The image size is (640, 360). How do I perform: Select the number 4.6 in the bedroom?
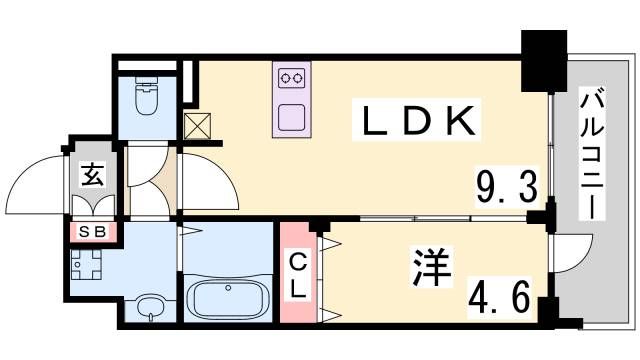(x=506, y=295)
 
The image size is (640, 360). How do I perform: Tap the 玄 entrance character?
(x=92, y=177)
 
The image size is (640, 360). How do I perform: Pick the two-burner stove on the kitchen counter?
(x=292, y=76)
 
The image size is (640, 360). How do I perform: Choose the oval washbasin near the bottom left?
(x=150, y=305)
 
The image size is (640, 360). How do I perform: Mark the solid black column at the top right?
(x=545, y=58)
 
